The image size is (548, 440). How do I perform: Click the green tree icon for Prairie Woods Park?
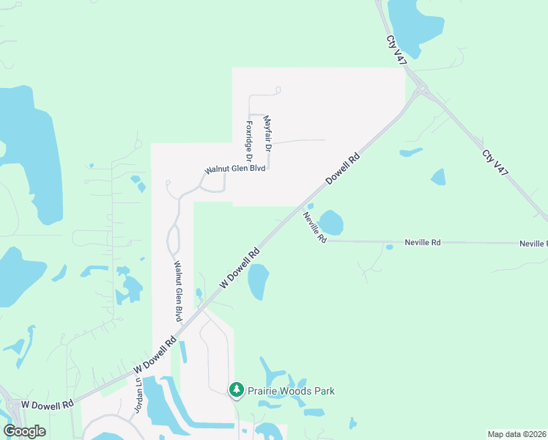(x=236, y=389)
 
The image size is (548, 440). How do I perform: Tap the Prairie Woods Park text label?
(x=291, y=391)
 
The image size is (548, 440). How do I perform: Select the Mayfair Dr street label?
(x=267, y=134)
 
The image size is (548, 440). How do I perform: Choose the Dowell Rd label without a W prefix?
(x=343, y=168)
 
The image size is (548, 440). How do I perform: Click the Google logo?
(x=25, y=431)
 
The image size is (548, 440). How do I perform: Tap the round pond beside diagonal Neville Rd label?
(x=331, y=223)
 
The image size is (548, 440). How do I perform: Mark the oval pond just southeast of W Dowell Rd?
(x=258, y=281)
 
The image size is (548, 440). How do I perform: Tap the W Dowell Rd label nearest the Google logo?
(x=48, y=404)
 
